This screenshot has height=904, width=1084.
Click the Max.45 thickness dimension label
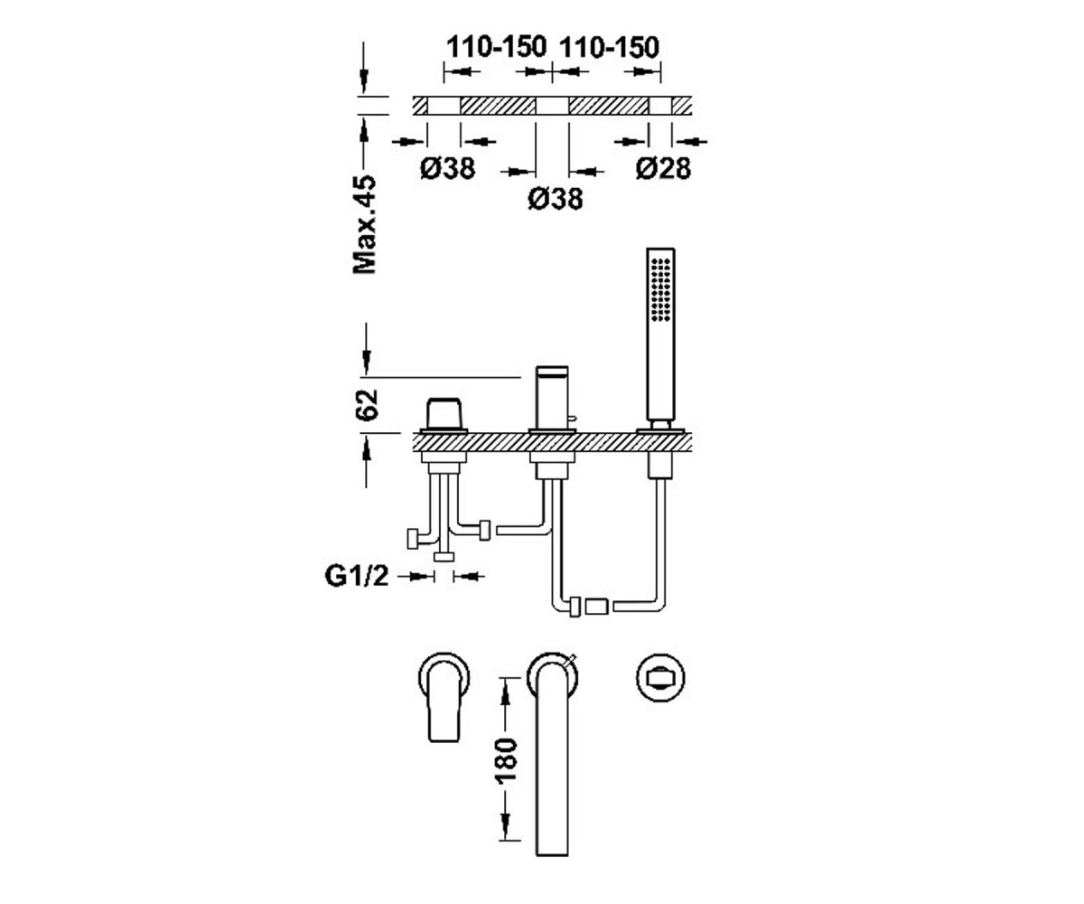coord(364,224)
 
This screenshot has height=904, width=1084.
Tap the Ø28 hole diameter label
coord(663,168)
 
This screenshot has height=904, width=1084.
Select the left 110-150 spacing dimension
coord(496,47)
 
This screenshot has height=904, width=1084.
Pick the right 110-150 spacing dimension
coord(609,47)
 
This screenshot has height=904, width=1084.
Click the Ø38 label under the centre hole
coord(556,199)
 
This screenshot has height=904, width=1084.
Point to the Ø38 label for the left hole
coord(447,168)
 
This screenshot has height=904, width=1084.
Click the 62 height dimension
coord(366,404)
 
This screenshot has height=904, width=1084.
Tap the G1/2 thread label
coord(357,576)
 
